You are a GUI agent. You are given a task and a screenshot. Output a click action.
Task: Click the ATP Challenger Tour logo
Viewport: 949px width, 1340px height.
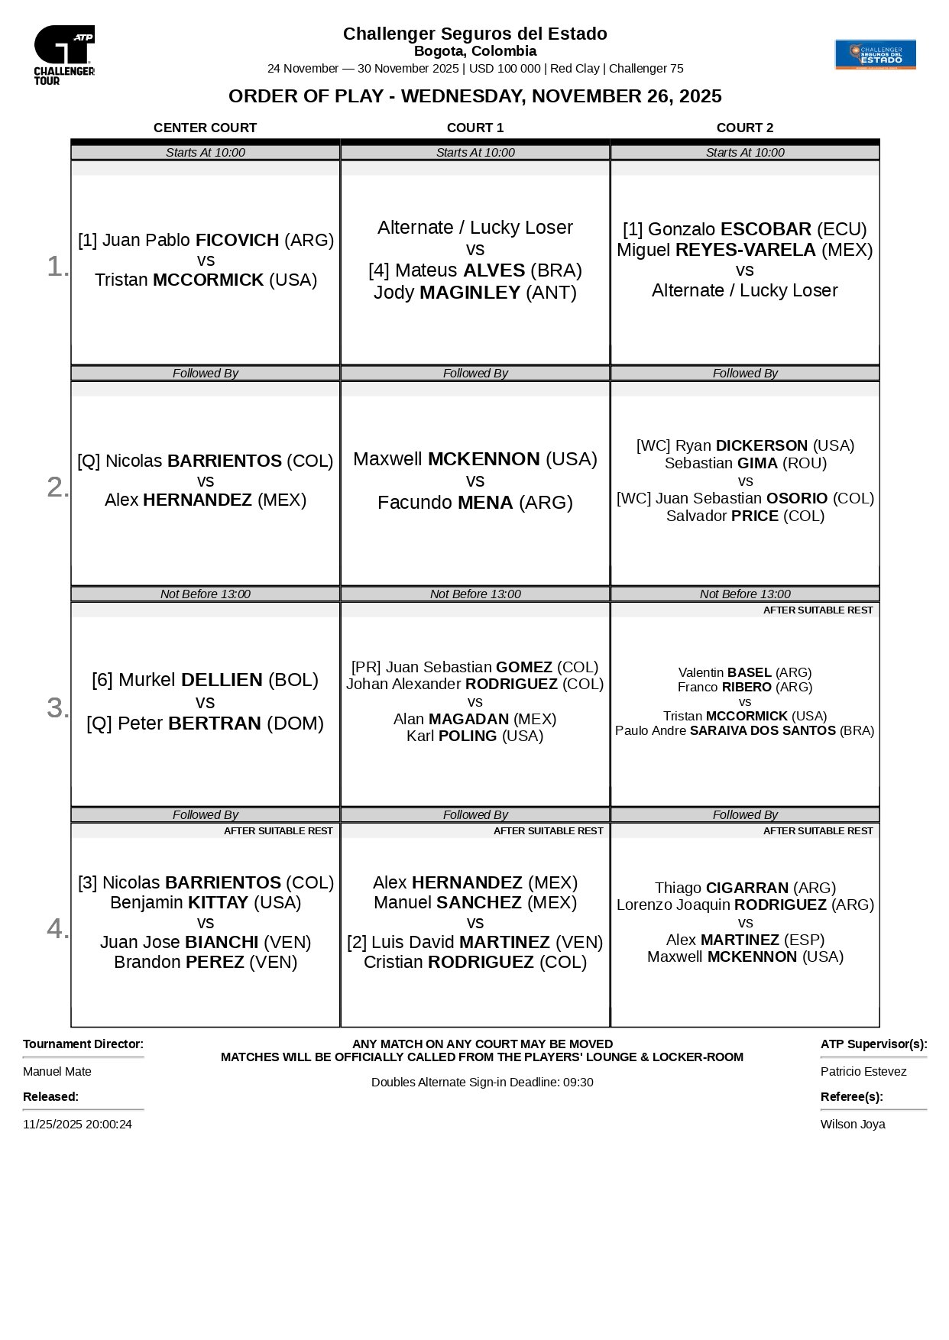click(x=64, y=54)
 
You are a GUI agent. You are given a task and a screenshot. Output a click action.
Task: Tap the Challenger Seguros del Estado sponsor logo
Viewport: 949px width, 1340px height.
click(x=875, y=54)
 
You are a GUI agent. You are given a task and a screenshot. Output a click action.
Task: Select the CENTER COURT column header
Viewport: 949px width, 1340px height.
click(x=205, y=128)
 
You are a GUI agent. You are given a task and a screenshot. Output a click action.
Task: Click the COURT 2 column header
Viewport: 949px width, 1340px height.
click(x=744, y=128)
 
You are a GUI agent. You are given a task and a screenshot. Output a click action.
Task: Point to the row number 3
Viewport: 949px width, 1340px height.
click(x=57, y=707)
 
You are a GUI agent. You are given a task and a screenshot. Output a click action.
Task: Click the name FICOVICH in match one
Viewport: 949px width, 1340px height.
click(x=238, y=240)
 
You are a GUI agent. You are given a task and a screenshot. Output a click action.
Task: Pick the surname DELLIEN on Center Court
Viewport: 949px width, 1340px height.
click(x=222, y=680)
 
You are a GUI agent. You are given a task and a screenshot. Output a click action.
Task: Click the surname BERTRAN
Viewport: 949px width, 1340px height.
click(x=215, y=723)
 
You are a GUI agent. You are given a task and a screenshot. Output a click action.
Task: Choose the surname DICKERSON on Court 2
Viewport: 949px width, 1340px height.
click(x=762, y=445)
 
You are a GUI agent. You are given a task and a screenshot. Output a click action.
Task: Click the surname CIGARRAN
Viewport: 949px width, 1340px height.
click(x=747, y=888)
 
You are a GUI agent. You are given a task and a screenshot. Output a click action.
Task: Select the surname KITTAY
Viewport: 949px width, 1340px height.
click(x=218, y=902)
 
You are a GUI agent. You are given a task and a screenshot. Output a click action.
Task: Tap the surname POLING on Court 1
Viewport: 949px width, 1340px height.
click(x=468, y=736)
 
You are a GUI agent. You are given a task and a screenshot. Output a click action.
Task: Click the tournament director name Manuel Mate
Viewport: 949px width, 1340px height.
click(x=57, y=1071)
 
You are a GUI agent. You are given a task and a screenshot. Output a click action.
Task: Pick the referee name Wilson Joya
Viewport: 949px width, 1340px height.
click(x=853, y=1124)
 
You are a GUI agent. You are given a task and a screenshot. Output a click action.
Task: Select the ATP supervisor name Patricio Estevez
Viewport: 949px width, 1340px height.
click(x=863, y=1071)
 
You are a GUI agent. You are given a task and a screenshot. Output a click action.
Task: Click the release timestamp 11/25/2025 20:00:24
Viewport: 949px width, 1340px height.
click(x=77, y=1124)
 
